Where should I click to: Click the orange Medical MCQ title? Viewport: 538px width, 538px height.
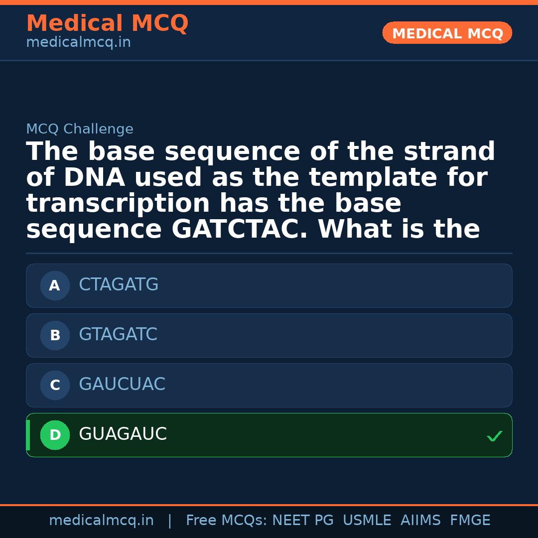[x=107, y=23]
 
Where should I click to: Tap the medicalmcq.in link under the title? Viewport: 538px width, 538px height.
[x=78, y=42]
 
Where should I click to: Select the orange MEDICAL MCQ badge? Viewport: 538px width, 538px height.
[x=447, y=33]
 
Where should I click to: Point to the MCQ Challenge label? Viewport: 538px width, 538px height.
[x=80, y=129]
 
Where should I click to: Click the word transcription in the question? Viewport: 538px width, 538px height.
[x=118, y=204]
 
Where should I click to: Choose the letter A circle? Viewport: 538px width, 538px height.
[x=55, y=285]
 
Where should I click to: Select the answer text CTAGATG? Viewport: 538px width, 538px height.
[x=119, y=285]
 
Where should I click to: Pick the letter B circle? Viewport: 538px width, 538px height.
[x=55, y=335]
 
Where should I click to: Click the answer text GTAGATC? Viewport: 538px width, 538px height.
[x=118, y=335]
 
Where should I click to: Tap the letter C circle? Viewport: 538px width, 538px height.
[x=55, y=385]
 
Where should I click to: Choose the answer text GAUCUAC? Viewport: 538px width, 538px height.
[x=122, y=385]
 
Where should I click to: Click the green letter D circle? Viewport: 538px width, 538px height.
[x=55, y=435]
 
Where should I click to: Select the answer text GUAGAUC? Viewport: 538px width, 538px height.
[x=123, y=434]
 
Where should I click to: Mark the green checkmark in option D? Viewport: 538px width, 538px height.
[x=495, y=436]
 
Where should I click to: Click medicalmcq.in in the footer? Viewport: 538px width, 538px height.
[x=101, y=521]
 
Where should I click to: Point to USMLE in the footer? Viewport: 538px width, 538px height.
[x=367, y=521]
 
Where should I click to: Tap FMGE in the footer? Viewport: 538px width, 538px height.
[x=470, y=521]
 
